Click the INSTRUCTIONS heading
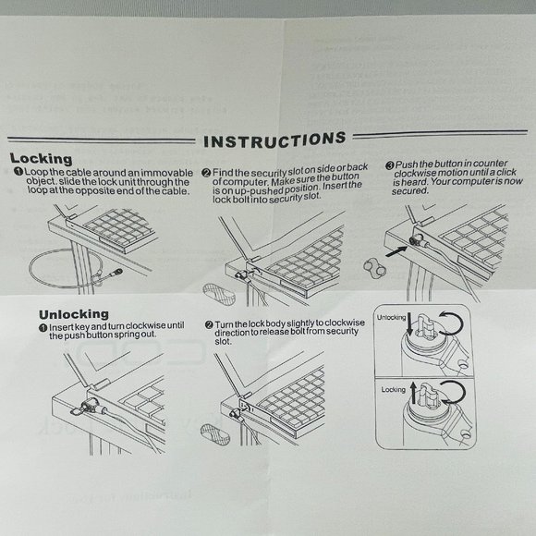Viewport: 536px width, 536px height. [274, 140]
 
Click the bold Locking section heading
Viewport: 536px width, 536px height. [36, 159]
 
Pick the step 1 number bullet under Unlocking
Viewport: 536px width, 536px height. [43, 327]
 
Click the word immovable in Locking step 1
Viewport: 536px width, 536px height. [169, 173]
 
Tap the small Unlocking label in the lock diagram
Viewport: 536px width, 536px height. [392, 317]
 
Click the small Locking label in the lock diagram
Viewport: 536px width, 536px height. [394, 390]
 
